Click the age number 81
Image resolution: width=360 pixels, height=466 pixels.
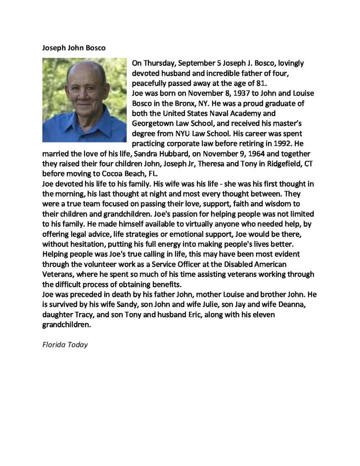coord(265,83)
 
